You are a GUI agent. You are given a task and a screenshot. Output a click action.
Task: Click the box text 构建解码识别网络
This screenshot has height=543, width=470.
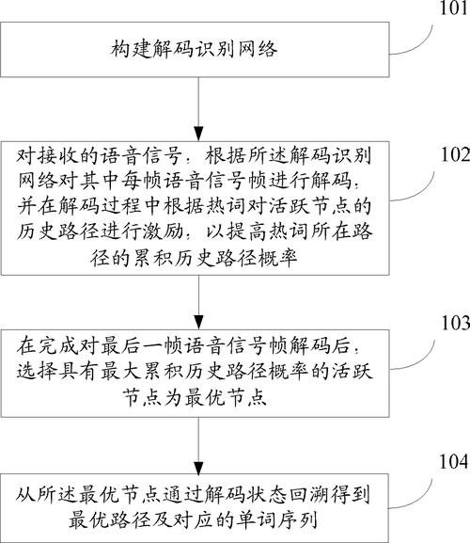click(x=198, y=47)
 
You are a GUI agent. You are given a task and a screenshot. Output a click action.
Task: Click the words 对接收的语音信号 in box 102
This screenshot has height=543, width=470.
click(x=80, y=152)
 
